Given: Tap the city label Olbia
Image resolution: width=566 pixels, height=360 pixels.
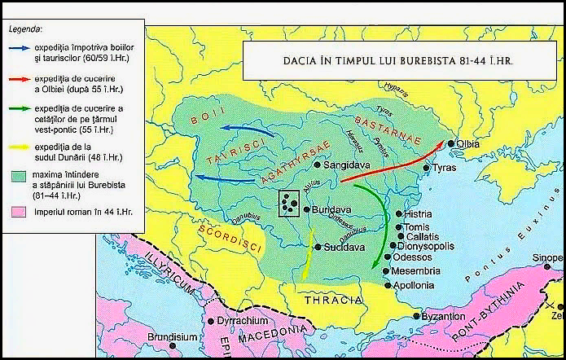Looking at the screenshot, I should click(x=468, y=144).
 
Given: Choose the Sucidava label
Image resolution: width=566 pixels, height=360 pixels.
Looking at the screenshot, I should click(x=341, y=246).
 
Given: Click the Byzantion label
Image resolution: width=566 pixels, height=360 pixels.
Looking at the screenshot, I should click(x=445, y=316).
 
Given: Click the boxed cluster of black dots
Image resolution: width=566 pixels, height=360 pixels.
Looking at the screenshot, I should click(x=288, y=204).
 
